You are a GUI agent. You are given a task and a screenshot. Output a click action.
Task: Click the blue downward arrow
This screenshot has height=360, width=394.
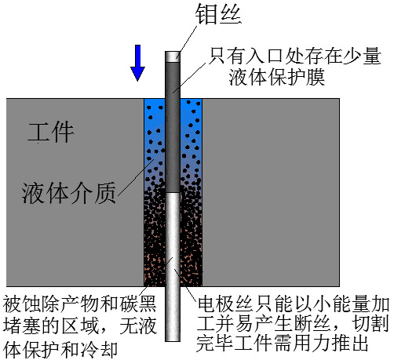click(x=137, y=63)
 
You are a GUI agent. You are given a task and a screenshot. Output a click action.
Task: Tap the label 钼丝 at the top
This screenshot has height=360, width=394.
click(x=219, y=14)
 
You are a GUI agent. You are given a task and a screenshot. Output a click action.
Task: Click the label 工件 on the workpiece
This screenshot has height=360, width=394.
click(x=51, y=132)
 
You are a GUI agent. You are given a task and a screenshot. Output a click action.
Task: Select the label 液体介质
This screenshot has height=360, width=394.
click(x=68, y=193)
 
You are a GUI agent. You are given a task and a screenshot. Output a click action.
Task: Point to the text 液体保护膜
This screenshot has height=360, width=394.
click(x=277, y=77)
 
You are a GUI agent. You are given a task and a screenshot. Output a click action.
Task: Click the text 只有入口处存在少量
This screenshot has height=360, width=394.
click(x=294, y=56)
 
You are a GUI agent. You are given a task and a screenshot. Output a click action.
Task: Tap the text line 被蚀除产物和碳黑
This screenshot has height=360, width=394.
click(x=79, y=304)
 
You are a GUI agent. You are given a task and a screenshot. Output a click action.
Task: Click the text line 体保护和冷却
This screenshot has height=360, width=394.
click(x=60, y=349)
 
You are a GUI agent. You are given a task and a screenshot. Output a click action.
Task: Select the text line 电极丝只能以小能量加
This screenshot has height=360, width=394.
click(x=293, y=304)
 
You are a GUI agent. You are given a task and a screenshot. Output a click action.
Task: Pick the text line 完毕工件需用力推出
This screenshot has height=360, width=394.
click(x=283, y=343)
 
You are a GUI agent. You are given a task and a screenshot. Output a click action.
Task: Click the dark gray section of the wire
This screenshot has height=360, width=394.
click(x=173, y=128)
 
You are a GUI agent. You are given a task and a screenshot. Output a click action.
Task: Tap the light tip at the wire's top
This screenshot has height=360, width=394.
click(x=173, y=56)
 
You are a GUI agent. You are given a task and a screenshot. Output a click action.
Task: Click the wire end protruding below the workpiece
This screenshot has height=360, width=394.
click(x=173, y=314)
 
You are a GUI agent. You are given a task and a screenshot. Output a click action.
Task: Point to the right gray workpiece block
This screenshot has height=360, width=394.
click(x=271, y=192)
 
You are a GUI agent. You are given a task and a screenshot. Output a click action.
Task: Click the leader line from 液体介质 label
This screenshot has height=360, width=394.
click(x=136, y=177)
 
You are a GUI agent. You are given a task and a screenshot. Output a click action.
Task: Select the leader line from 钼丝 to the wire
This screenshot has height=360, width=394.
click(x=187, y=41)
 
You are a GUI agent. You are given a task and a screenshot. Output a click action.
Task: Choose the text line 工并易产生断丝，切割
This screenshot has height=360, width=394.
click(x=293, y=324)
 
